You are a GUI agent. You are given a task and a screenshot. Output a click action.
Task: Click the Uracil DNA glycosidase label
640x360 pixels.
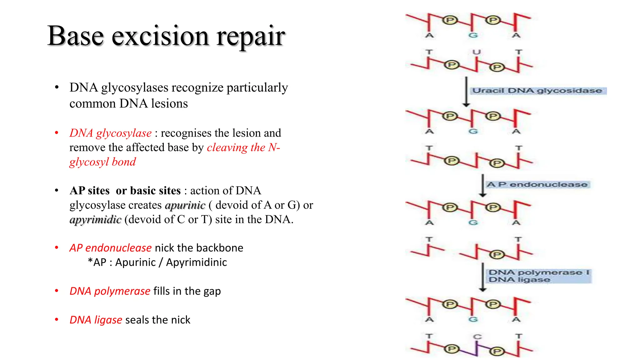pos(537,91)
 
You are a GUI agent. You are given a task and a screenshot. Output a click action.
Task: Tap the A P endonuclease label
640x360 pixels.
pos(537,184)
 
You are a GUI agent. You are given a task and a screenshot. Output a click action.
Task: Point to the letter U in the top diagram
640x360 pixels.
pos(476,52)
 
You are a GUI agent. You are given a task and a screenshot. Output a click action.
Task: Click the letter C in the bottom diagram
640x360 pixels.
pos(477,337)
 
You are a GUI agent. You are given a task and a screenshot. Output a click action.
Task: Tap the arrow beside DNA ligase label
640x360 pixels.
pos(483,277)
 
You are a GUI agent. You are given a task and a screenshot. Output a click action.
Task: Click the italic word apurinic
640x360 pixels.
pos(185,205)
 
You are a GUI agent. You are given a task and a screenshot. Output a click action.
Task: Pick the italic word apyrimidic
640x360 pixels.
pos(95,219)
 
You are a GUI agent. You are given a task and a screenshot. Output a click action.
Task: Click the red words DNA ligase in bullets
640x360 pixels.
pos(96,320)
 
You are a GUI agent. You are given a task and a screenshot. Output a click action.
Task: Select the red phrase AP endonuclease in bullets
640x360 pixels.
pos(110,248)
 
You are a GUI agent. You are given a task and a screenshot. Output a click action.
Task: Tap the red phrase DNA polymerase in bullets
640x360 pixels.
pos(110,291)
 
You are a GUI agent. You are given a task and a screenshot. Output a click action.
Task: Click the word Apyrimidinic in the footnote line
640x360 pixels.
pos(196,262)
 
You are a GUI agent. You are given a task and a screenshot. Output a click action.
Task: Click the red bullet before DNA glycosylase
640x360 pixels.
pos(57,133)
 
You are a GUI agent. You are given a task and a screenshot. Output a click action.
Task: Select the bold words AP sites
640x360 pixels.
pos(89,191)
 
